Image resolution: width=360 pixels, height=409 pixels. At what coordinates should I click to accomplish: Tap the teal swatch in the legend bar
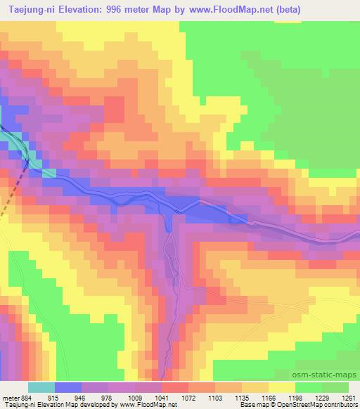click(x=41, y=387)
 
